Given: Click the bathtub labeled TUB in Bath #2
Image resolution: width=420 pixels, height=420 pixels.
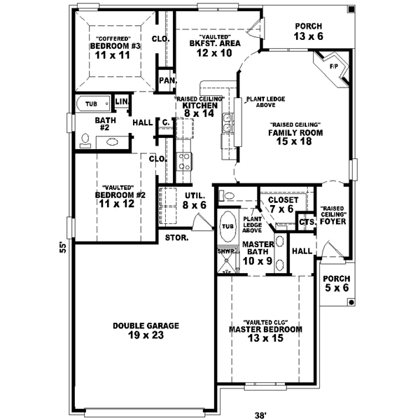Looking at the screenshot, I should tap(92, 104).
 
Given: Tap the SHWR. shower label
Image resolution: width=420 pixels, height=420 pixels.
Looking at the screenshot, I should tap(225, 250).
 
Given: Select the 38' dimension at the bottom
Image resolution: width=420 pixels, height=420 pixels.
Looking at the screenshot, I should tap(260, 414).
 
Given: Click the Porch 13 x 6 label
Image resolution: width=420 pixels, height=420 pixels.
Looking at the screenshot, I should tap(309, 31).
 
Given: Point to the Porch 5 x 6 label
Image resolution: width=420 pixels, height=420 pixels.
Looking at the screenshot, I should tap(336, 283).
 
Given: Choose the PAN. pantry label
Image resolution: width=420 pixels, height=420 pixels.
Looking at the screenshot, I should tap(166, 80).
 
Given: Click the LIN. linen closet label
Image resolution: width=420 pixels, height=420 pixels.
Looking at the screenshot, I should tap(121, 103).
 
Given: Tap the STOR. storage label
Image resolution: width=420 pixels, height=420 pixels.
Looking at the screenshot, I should tap(175, 237).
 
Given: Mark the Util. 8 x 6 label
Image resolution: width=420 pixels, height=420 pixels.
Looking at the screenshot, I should tap(195, 200).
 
